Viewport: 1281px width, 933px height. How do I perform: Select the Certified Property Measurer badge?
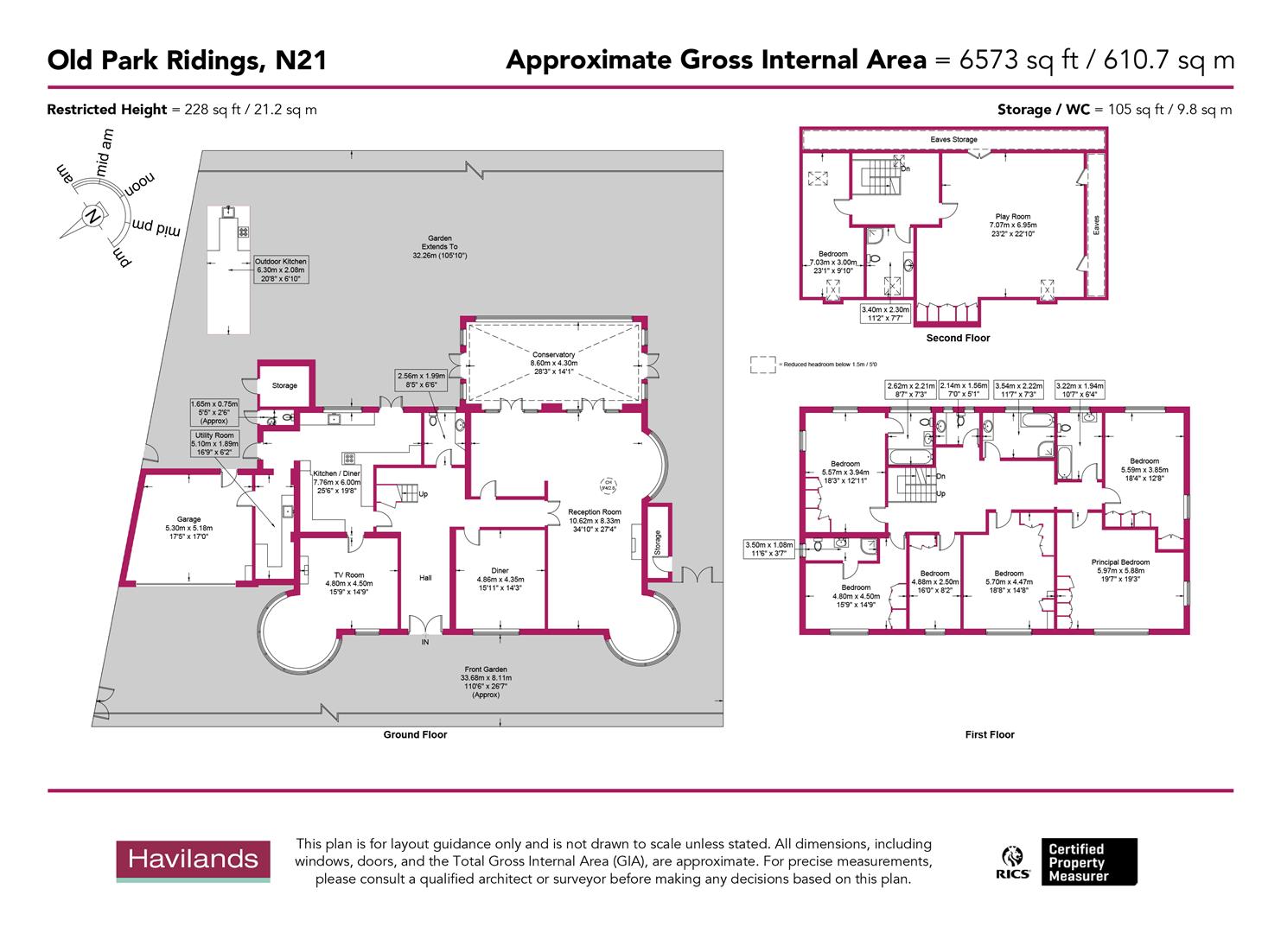[x=1088, y=862]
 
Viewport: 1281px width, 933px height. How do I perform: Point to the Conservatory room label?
[x=553, y=354]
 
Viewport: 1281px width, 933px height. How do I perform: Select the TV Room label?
[x=349, y=574]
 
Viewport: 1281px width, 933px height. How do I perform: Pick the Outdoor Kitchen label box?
[x=280, y=270]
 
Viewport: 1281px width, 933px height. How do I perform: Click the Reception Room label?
[x=594, y=512]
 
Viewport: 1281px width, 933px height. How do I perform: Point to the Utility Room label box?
[x=214, y=444]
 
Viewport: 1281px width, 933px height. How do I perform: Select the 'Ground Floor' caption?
[x=415, y=735]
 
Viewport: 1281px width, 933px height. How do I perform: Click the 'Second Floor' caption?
[x=958, y=338]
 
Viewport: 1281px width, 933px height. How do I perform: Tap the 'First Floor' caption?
[x=989, y=735]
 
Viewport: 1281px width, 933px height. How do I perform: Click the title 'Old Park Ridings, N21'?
[x=187, y=60]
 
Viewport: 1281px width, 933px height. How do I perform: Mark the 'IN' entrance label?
[x=424, y=643]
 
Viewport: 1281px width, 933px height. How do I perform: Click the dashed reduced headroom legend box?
[x=762, y=365]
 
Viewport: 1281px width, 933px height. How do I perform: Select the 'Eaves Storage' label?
[x=953, y=139]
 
